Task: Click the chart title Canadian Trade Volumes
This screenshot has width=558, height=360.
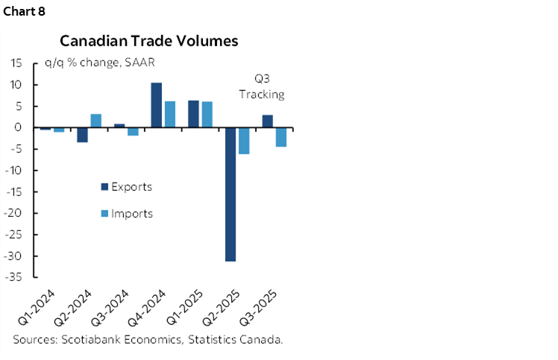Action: tap(149, 40)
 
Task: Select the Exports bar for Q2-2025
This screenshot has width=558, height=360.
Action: tap(231, 195)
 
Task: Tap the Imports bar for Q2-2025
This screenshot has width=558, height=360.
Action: tap(243, 141)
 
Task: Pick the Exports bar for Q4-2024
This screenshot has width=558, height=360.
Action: tap(157, 105)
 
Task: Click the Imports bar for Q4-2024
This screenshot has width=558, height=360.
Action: tap(169, 115)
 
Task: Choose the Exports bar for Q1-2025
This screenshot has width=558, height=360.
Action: tap(193, 114)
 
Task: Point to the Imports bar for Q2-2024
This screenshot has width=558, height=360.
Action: tap(95, 121)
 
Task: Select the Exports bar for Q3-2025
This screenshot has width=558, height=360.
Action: tap(267, 121)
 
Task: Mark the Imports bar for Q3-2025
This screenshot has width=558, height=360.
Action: tap(280, 137)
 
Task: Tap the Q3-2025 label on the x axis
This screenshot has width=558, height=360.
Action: tap(264, 306)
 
